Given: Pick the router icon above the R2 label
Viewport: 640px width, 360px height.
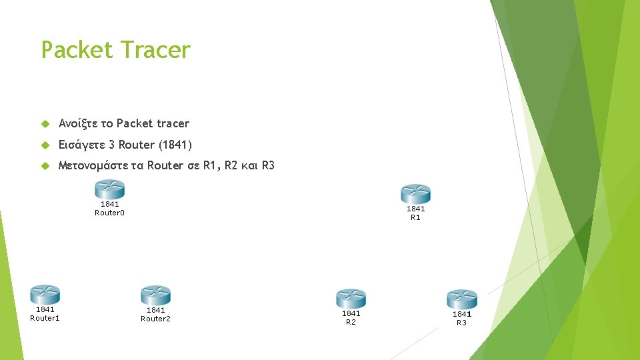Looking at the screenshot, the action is coord(351,298).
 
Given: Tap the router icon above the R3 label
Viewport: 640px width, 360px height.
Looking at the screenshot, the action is coord(461,299).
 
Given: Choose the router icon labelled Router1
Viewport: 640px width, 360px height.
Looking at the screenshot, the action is coord(45,294).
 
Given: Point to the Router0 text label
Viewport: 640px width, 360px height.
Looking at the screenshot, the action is coord(110,213).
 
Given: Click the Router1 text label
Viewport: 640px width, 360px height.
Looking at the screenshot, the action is coord(45,318).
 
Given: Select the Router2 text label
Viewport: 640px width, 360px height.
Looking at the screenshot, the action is coord(155,319).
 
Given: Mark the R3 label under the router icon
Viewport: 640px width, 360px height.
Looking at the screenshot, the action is coord(461,323).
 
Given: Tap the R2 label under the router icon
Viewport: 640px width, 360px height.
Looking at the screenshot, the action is coord(351,322).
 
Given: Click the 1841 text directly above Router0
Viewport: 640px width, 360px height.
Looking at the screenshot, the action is coord(110,205).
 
